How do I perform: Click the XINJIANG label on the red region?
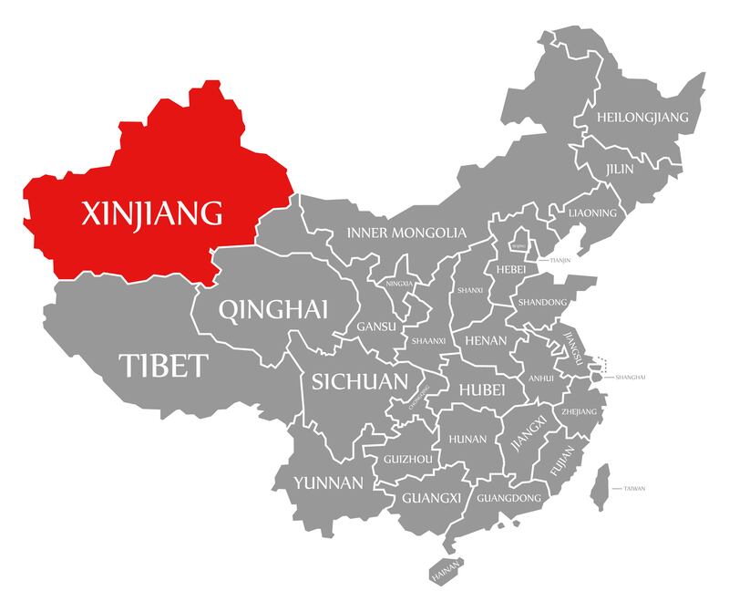[x=152, y=213]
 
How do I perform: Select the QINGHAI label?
[x=273, y=308]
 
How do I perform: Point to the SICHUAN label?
[x=359, y=380]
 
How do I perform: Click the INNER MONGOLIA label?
[x=406, y=233]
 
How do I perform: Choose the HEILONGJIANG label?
[x=642, y=118]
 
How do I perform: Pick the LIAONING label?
[x=592, y=213]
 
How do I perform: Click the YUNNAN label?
[x=328, y=482]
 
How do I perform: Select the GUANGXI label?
[x=432, y=498]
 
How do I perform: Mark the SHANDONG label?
[x=542, y=302]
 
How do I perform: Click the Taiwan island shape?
[x=600, y=486]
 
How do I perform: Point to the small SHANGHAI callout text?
[x=631, y=377]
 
